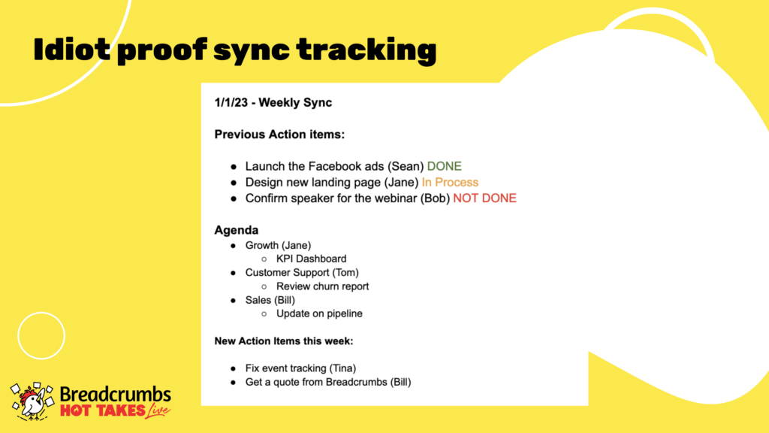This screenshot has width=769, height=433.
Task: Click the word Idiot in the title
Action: [x=72, y=49]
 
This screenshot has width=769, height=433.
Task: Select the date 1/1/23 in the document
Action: [x=231, y=102]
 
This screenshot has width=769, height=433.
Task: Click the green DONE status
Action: [x=445, y=166]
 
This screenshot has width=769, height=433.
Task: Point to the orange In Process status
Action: [x=450, y=182]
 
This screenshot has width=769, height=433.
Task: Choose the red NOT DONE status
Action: [x=484, y=198]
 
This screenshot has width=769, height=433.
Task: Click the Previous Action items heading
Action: [x=279, y=135]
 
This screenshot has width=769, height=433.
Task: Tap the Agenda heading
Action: [x=237, y=230]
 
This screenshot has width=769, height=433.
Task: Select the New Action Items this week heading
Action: [x=283, y=341]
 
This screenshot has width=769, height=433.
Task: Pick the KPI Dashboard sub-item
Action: [x=311, y=259]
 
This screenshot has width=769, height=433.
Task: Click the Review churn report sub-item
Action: [x=322, y=286]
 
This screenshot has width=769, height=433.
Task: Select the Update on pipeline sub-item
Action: [x=319, y=313]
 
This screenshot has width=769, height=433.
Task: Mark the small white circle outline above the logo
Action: [x=41, y=312]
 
